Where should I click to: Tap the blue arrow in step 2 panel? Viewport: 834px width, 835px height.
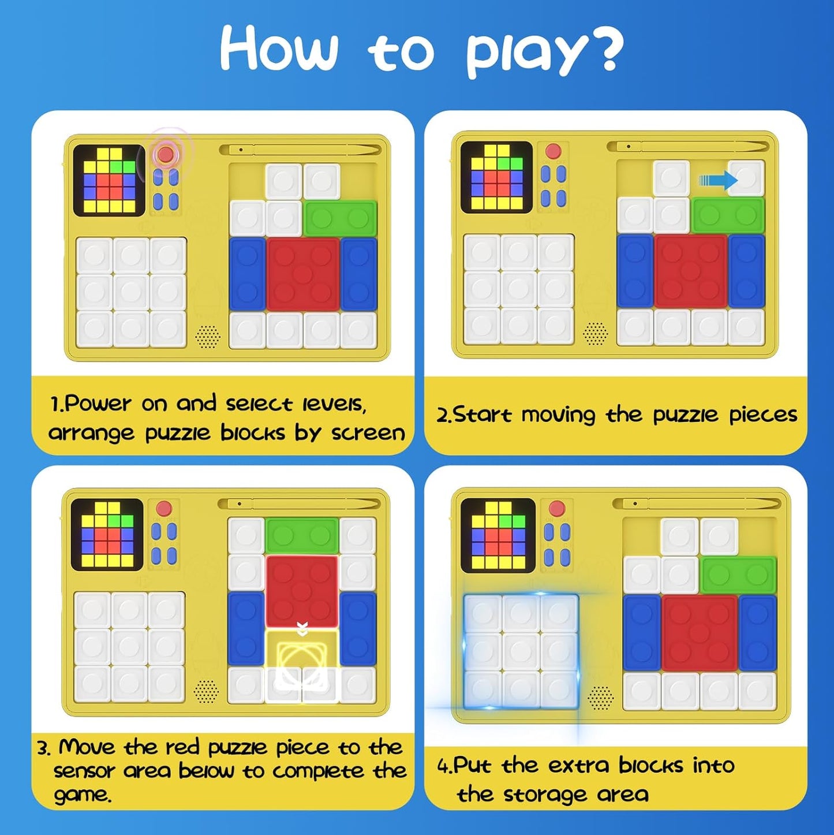717,181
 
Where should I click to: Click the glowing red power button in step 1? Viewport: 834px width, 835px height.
166,154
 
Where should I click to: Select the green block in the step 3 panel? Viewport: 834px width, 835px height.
302,535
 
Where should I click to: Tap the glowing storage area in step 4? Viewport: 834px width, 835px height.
521,651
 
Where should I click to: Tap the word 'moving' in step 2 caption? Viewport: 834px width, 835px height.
558,415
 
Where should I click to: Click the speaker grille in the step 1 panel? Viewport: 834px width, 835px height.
208,336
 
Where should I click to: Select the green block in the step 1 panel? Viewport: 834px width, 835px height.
339,218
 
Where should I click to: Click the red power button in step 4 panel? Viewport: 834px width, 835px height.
557,509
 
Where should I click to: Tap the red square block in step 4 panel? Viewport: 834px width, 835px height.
699,633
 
